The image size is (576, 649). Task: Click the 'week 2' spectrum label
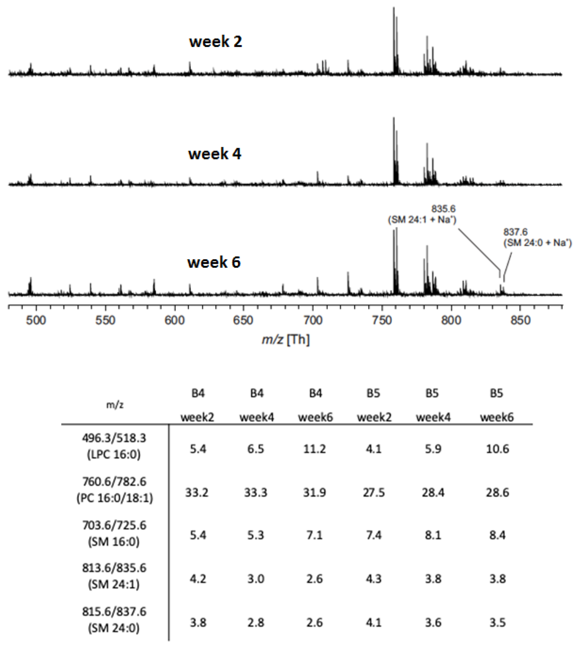(216, 42)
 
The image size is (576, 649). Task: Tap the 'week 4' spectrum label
(215, 154)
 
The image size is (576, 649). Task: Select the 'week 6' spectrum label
(214, 262)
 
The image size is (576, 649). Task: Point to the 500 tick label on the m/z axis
(36, 320)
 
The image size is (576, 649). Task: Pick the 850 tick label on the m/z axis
(520, 320)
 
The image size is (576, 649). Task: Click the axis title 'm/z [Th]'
(285, 339)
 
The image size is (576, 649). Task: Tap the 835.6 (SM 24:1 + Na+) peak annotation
(422, 214)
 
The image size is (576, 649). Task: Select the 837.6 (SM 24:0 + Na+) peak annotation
(537, 237)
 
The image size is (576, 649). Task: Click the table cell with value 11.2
(314, 449)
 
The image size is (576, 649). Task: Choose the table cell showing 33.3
(256, 493)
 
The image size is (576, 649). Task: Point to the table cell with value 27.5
(374, 493)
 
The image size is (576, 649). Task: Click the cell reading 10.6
(497, 449)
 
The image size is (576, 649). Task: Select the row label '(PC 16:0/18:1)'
(115, 498)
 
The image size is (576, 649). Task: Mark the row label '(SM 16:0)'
(114, 541)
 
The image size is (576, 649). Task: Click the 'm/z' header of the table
(115, 405)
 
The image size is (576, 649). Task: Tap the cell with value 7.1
(314, 535)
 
